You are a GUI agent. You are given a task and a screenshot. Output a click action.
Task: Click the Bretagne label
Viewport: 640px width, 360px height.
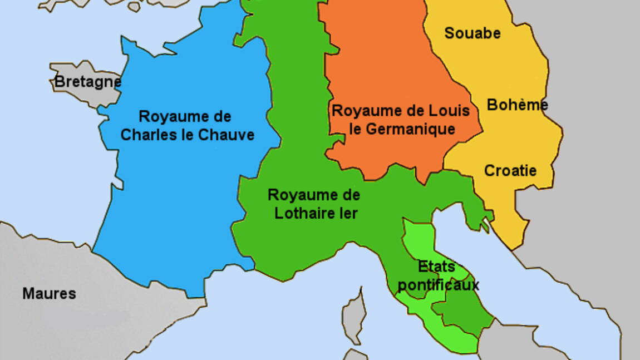87,82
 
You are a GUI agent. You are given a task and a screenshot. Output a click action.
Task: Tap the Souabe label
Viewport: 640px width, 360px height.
472,33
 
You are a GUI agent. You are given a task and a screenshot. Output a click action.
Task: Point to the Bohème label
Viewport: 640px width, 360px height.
517,105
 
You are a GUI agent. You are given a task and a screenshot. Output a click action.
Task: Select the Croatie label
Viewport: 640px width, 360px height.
510,170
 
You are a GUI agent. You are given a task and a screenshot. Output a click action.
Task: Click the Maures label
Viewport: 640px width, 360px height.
49,294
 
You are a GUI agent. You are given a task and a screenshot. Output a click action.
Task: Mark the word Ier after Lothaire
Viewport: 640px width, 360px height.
348,213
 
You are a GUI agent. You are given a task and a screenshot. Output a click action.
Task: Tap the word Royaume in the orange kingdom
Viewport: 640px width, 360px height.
363,110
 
